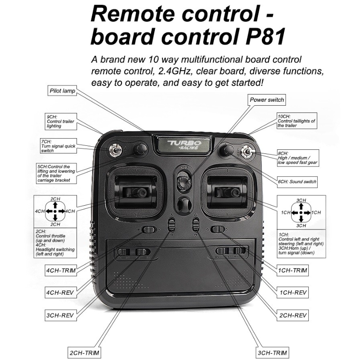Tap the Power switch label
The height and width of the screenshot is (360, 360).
pyautogui.click(x=267, y=99)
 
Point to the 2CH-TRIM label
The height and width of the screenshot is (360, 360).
pyautogui.click(x=85, y=351)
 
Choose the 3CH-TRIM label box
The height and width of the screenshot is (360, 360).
pyautogui.click(x=271, y=352)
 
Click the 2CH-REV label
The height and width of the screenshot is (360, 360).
pyautogui.click(x=293, y=315)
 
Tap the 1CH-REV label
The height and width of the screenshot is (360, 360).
pyautogui.click(x=293, y=293)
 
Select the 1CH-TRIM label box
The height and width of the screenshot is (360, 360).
pyautogui.click(x=293, y=270)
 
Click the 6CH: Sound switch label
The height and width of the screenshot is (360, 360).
pyautogui.click(x=297, y=182)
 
